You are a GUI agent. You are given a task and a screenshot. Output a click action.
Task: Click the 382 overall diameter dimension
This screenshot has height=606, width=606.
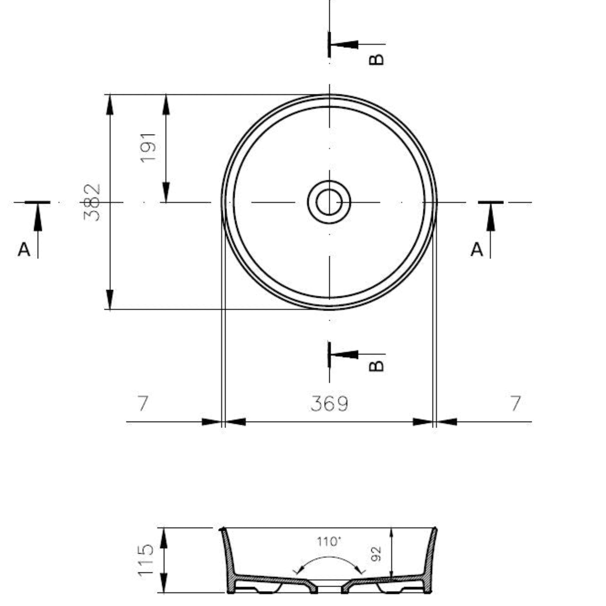[x=92, y=202]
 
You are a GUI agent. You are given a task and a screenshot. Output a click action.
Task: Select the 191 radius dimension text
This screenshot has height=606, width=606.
[x=148, y=148]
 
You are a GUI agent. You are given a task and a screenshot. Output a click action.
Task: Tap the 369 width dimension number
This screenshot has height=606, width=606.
[x=329, y=404]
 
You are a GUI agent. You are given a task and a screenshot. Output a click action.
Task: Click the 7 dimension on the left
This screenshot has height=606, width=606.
[x=143, y=403]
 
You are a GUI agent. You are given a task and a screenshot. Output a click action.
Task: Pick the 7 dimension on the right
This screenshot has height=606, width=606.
[x=516, y=403]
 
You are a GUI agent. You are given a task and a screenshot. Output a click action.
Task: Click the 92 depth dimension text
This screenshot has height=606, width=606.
[x=376, y=554]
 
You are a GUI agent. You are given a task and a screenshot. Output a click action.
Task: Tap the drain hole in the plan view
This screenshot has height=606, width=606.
[x=329, y=202]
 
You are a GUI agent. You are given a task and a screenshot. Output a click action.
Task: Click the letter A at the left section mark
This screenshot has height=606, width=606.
[x=24, y=250]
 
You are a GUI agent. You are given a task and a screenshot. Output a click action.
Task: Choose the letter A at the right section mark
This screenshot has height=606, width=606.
[x=476, y=250]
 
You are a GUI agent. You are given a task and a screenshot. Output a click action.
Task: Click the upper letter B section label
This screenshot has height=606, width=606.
[x=376, y=59]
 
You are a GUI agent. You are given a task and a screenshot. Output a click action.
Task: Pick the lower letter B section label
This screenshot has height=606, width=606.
[x=376, y=366]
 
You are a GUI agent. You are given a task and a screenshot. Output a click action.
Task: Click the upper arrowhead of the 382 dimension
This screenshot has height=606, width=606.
[x=110, y=105]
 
